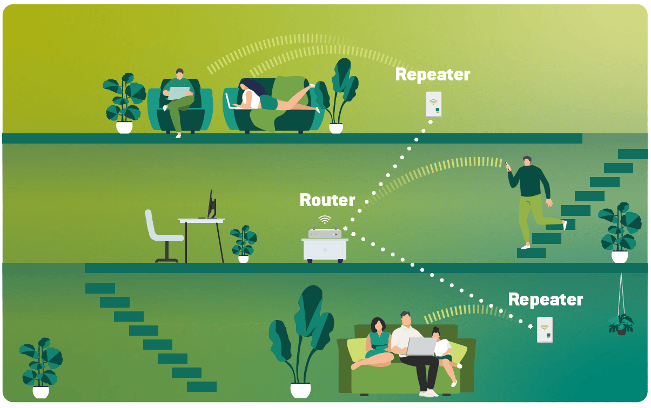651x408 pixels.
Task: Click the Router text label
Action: (327, 200)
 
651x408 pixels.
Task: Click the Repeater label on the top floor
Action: (432, 74)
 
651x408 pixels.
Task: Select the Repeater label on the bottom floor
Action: (545, 300)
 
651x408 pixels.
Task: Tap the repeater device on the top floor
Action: (433, 104)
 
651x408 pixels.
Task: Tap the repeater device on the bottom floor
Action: (545, 330)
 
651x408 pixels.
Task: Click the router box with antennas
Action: (325, 233)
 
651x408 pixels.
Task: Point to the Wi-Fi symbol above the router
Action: (325, 219)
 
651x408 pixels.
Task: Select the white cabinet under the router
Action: (325, 250)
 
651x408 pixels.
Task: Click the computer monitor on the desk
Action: (211, 205)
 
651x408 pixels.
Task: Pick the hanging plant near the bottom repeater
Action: (621, 323)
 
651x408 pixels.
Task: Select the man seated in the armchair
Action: (179, 100)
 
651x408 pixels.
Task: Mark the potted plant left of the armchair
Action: (124, 103)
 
